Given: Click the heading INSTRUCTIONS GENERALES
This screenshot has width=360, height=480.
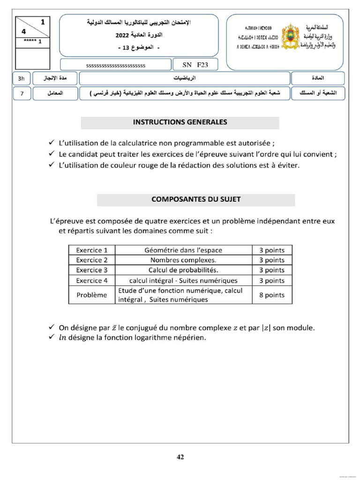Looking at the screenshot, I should click(x=180, y=122).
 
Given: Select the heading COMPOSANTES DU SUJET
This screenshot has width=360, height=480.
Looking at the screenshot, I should click(x=196, y=200).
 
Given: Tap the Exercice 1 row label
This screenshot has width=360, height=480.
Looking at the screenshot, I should click(x=92, y=250).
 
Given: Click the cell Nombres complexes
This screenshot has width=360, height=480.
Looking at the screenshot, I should click(x=183, y=260).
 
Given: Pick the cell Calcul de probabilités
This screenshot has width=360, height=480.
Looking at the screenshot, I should click(x=183, y=270).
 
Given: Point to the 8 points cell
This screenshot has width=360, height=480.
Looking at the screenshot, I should click(x=272, y=295).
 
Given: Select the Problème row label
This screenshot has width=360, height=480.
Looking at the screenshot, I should click(x=92, y=295).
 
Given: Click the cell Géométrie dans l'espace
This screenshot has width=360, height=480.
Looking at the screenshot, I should click(x=183, y=250).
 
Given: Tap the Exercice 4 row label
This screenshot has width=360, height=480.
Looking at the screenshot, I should click(x=92, y=281).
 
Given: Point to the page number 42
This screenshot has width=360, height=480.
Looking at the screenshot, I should click(x=180, y=457).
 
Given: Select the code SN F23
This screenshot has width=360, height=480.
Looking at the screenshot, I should click(x=191, y=65).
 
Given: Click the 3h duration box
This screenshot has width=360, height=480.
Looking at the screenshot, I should click(x=21, y=79).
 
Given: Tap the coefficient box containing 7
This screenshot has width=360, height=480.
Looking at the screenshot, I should click(x=22, y=94).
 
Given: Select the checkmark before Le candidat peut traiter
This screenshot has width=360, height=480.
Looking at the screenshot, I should click(x=51, y=154).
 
